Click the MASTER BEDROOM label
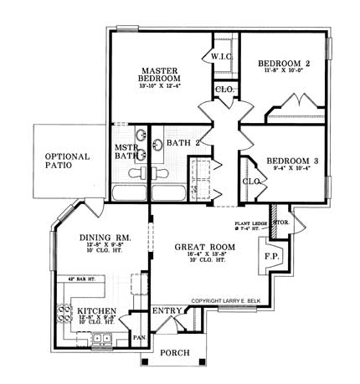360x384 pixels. click(x=157, y=76)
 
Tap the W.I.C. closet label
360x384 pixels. click(x=222, y=57)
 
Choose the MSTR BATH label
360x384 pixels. click(x=126, y=151)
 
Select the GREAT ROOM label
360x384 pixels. click(x=203, y=248)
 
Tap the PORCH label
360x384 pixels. click(x=175, y=352)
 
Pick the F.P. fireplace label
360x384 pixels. click(x=272, y=255)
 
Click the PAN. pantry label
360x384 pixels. click(x=139, y=337)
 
